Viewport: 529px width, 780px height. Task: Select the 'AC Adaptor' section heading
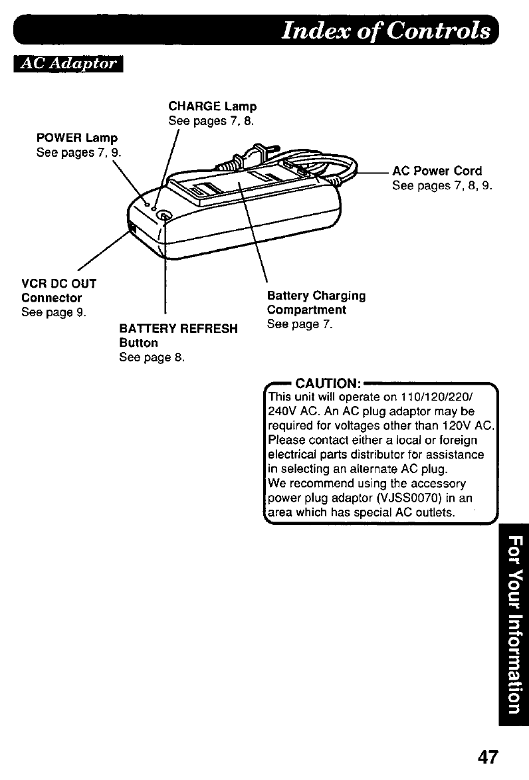70,64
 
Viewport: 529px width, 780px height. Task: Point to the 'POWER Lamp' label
76,138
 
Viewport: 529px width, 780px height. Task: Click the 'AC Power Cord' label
437,171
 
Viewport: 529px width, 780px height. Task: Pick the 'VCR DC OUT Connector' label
58,290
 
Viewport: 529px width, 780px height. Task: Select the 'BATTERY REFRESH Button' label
177,336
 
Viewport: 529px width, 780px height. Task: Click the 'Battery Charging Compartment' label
316,302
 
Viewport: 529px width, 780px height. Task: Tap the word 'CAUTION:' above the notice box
328,383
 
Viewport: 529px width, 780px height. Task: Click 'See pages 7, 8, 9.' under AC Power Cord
442,185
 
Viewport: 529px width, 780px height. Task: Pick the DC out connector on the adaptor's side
133,230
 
